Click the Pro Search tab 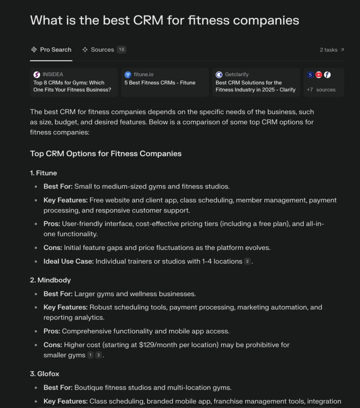click(x=51, y=50)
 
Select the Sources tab click(x=102, y=50)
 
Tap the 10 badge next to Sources click(x=121, y=50)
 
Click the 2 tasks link click(x=332, y=50)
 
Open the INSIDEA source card click(x=74, y=82)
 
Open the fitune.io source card click(x=164, y=82)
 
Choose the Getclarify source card click(x=256, y=82)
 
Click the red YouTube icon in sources click(x=319, y=75)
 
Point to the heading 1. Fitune click(x=43, y=173)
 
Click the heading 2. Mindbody click(x=50, y=280)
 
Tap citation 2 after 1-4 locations click(x=248, y=261)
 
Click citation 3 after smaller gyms click(x=99, y=355)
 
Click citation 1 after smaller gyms click(x=90, y=355)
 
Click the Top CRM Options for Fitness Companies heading click(x=106, y=153)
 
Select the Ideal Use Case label click(x=68, y=261)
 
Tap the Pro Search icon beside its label click(x=34, y=50)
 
